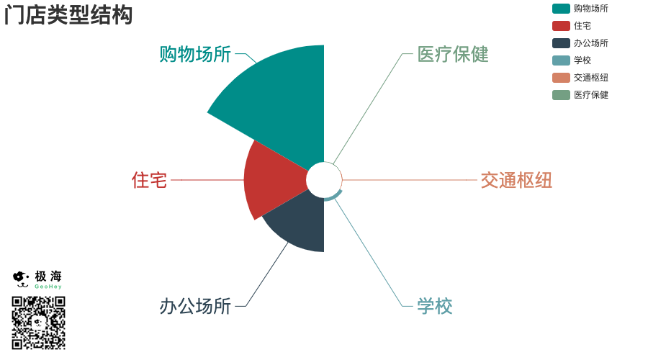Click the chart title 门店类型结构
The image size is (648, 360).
point(68,15)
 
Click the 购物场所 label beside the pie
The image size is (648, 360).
point(195,55)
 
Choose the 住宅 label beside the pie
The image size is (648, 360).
point(149,180)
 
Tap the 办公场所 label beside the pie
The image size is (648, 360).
point(195,306)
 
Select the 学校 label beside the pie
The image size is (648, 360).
point(435,306)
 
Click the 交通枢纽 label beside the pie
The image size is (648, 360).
point(516,180)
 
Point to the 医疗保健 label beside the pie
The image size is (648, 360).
point(453,55)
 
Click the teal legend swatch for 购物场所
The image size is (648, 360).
point(561,9)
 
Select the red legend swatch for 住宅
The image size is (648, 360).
point(561,26)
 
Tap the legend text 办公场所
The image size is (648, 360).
point(591,43)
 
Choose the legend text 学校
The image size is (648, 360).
point(582,60)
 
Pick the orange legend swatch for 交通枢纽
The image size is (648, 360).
point(561,78)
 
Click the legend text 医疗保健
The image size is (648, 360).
point(591,95)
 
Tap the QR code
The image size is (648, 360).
point(38,323)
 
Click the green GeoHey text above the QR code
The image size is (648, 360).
point(48,287)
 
